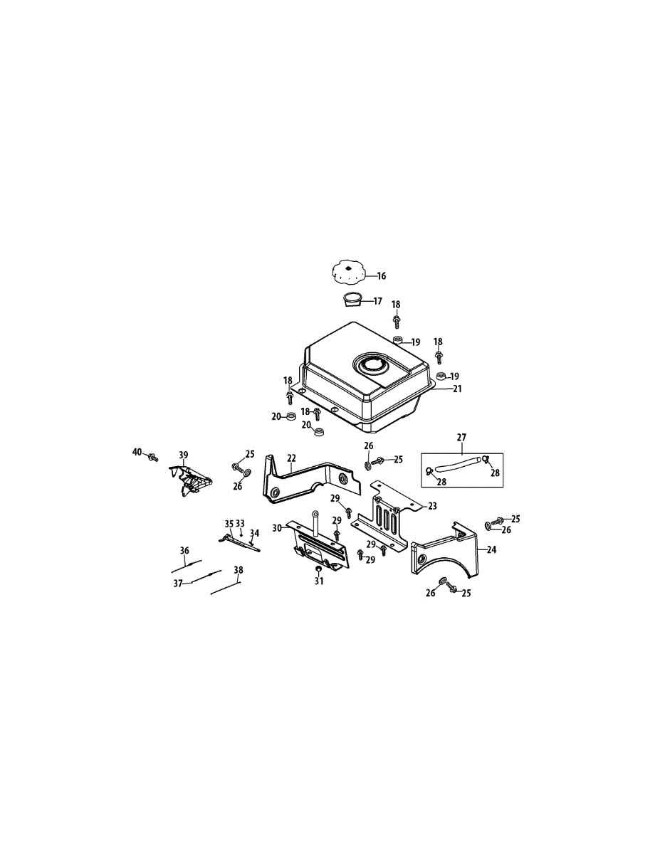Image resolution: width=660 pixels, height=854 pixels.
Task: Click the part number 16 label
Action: pyautogui.click(x=382, y=276)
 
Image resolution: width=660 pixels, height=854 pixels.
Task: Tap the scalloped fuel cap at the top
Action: pyautogui.click(x=349, y=272)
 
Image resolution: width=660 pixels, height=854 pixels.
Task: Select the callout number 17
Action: pyautogui.click(x=377, y=302)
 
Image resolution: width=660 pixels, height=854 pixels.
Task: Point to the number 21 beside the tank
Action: pyautogui.click(x=457, y=389)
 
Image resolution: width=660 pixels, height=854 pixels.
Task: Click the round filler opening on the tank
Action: pyautogui.click(x=372, y=364)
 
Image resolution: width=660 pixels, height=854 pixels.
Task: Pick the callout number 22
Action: pyautogui.click(x=291, y=458)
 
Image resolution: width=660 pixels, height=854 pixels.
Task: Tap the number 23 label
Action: pyautogui.click(x=432, y=506)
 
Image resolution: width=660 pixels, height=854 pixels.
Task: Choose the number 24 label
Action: pyautogui.click(x=491, y=549)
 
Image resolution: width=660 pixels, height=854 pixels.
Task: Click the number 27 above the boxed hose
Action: pyautogui.click(x=461, y=438)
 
